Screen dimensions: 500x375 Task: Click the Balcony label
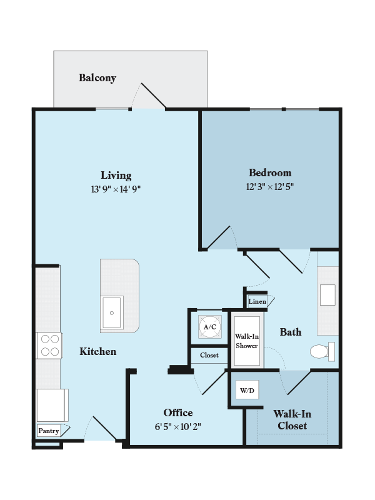97,78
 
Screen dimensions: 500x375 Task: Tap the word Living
116,175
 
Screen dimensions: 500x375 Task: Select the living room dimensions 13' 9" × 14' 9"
116,188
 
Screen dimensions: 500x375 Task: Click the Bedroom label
270,172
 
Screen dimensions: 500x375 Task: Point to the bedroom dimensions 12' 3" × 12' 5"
270,186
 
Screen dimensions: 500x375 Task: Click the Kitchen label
97,351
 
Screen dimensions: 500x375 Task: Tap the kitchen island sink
112,312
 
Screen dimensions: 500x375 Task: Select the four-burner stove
49,345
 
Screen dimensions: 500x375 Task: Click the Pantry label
49,431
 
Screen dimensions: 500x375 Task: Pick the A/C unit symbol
209,326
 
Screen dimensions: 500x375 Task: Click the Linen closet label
257,302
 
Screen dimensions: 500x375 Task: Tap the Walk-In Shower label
246,341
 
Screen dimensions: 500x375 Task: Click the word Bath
291,332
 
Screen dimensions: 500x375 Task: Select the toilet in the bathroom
321,352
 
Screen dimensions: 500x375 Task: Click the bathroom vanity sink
327,294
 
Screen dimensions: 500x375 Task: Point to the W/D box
247,391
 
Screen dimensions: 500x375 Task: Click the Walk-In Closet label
292,420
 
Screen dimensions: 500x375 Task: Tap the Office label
178,412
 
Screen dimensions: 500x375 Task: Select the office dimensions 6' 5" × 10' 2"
178,426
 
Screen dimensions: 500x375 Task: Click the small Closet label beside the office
209,355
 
